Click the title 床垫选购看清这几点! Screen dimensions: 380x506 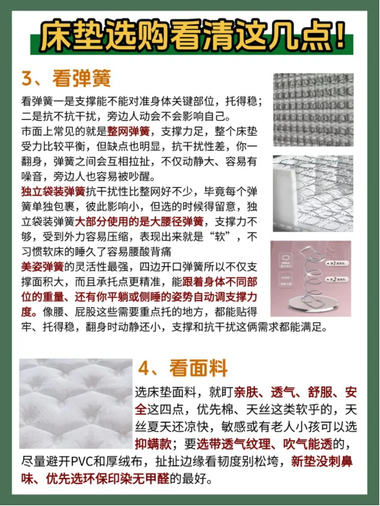tap(193, 36)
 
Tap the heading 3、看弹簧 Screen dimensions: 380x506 tap(66, 78)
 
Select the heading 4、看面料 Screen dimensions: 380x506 tap(182, 368)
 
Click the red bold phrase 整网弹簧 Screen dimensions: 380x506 tap(128, 132)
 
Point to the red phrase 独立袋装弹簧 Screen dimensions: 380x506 tap(54, 191)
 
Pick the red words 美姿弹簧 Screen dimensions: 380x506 tap(43, 267)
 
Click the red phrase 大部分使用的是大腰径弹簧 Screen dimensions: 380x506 tap(139, 221)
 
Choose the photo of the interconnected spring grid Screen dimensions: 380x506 tap(313, 110)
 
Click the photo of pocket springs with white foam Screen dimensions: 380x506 tap(313, 193)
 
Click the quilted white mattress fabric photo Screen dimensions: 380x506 tap(76, 403)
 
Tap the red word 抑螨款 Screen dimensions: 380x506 tap(153, 444)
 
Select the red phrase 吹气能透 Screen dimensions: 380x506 tap(308, 444)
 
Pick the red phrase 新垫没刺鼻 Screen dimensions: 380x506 tap(322, 461)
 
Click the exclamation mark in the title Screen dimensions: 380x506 tap(340, 36)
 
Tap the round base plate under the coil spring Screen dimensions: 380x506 tap(307, 302)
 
